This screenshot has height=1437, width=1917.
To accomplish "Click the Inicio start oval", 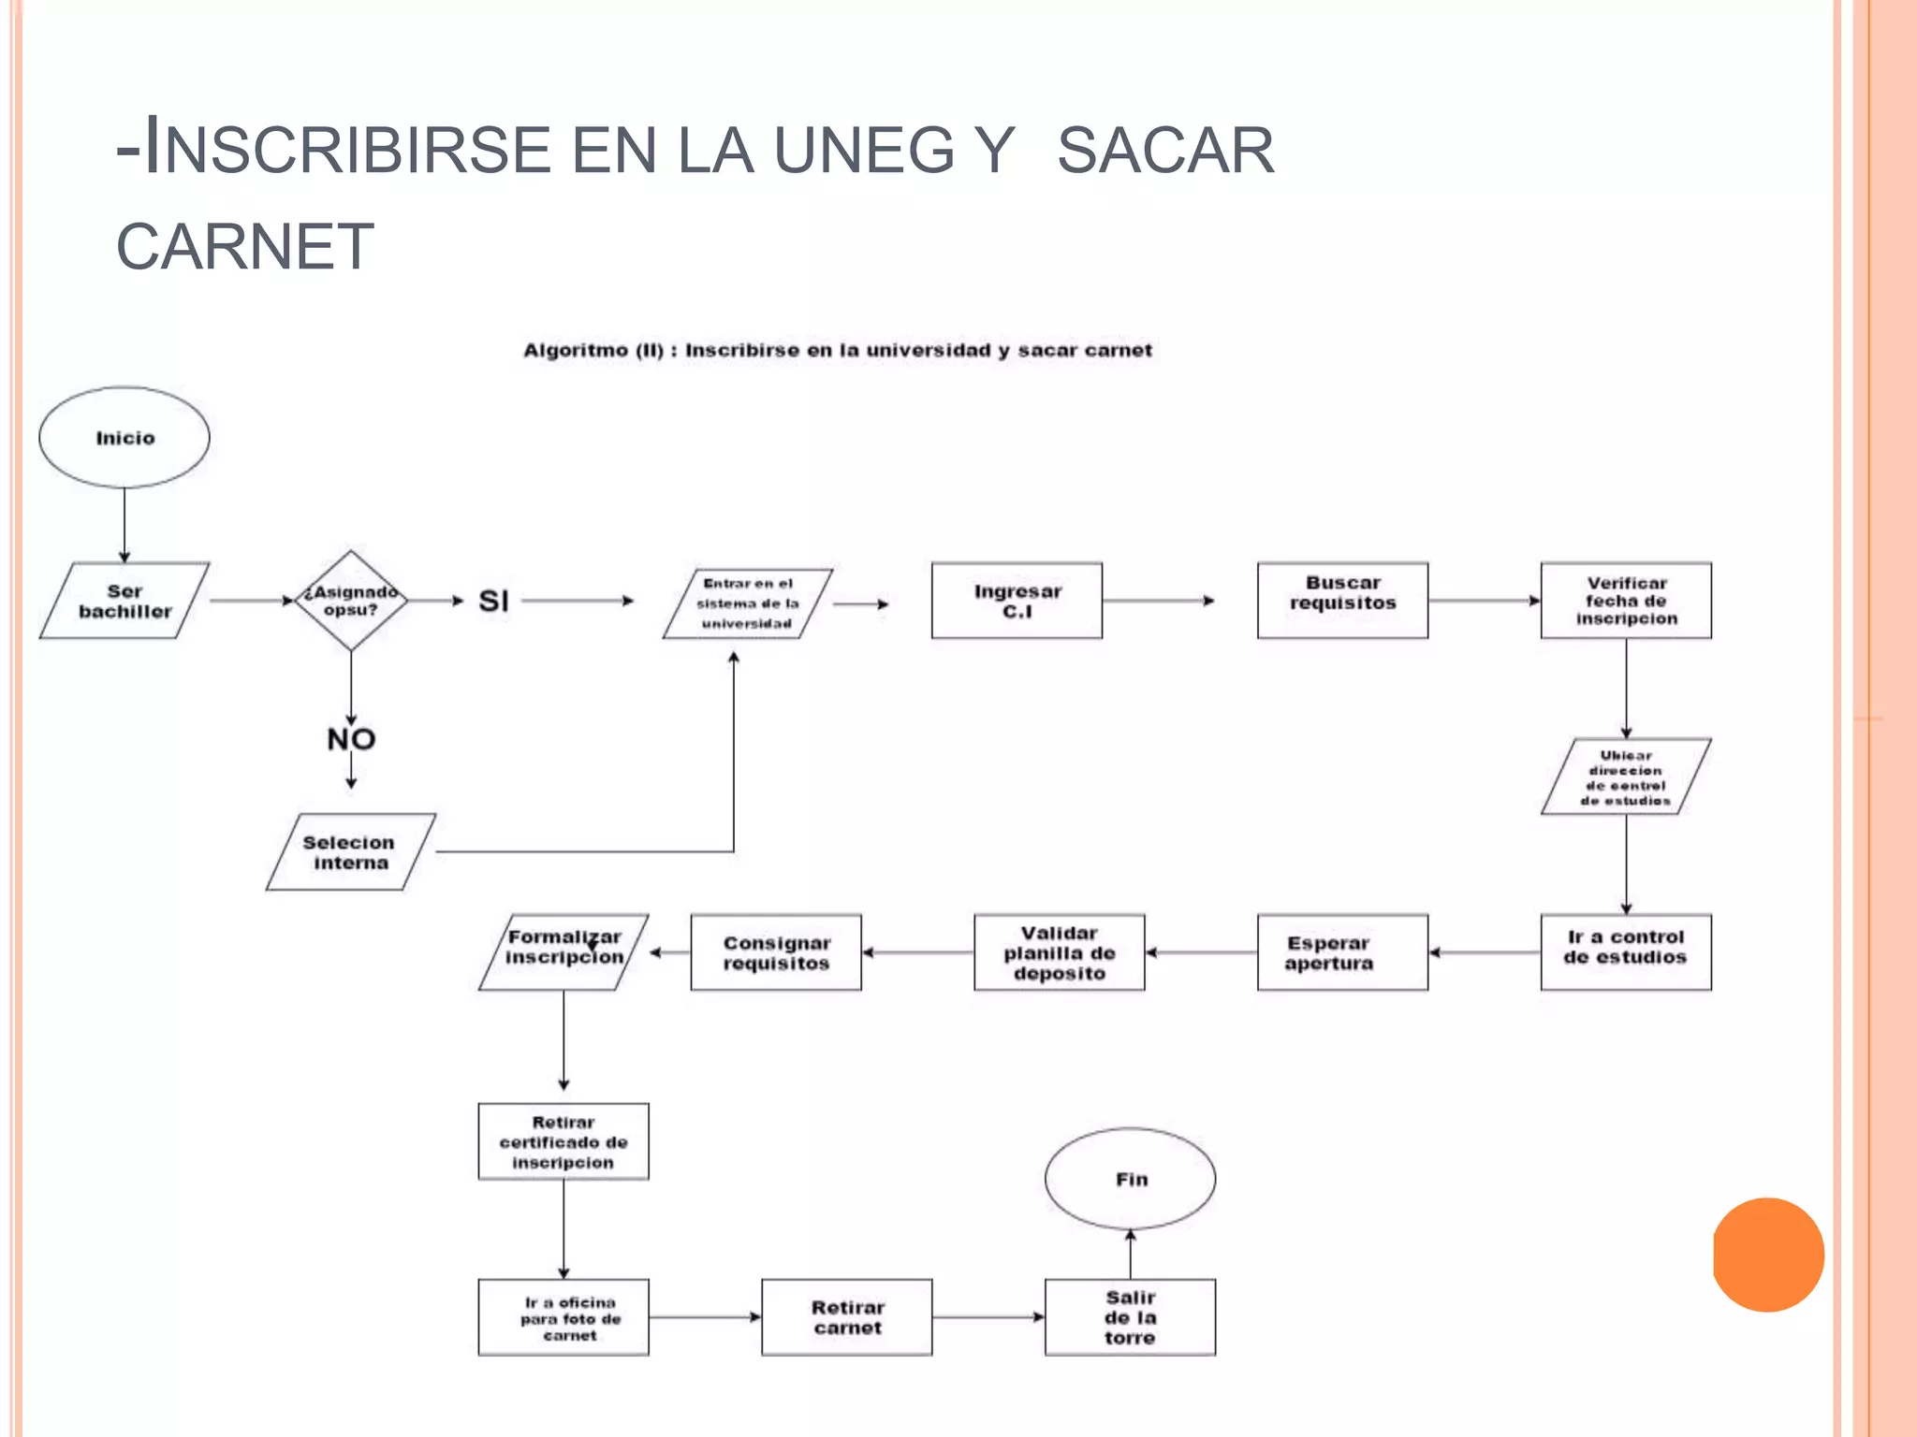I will [124, 437].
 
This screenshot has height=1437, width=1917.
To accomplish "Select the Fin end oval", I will [1130, 1179].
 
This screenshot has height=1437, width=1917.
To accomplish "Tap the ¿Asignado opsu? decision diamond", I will [351, 601].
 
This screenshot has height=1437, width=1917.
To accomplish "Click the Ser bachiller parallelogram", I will [124, 601].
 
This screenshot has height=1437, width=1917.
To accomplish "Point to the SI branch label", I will [493, 601].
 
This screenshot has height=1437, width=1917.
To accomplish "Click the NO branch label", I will [351, 739].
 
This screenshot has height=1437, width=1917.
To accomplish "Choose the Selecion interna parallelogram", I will [351, 852].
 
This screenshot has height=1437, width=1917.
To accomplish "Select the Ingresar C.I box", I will [1017, 601].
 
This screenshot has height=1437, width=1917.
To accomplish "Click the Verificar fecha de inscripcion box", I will [1626, 601].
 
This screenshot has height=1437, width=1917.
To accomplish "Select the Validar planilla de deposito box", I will [1059, 951].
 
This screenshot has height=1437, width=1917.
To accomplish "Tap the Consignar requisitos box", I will [776, 951].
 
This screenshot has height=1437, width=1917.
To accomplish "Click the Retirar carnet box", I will [847, 1317].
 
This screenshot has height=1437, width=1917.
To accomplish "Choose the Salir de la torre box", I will [1130, 1317].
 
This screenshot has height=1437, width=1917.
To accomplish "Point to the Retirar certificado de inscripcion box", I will [563, 1141].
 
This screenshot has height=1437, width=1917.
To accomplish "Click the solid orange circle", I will [1768, 1255].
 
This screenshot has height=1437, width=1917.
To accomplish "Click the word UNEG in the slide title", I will [863, 151].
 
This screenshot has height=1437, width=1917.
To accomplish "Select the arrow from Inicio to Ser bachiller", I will [124, 525].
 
